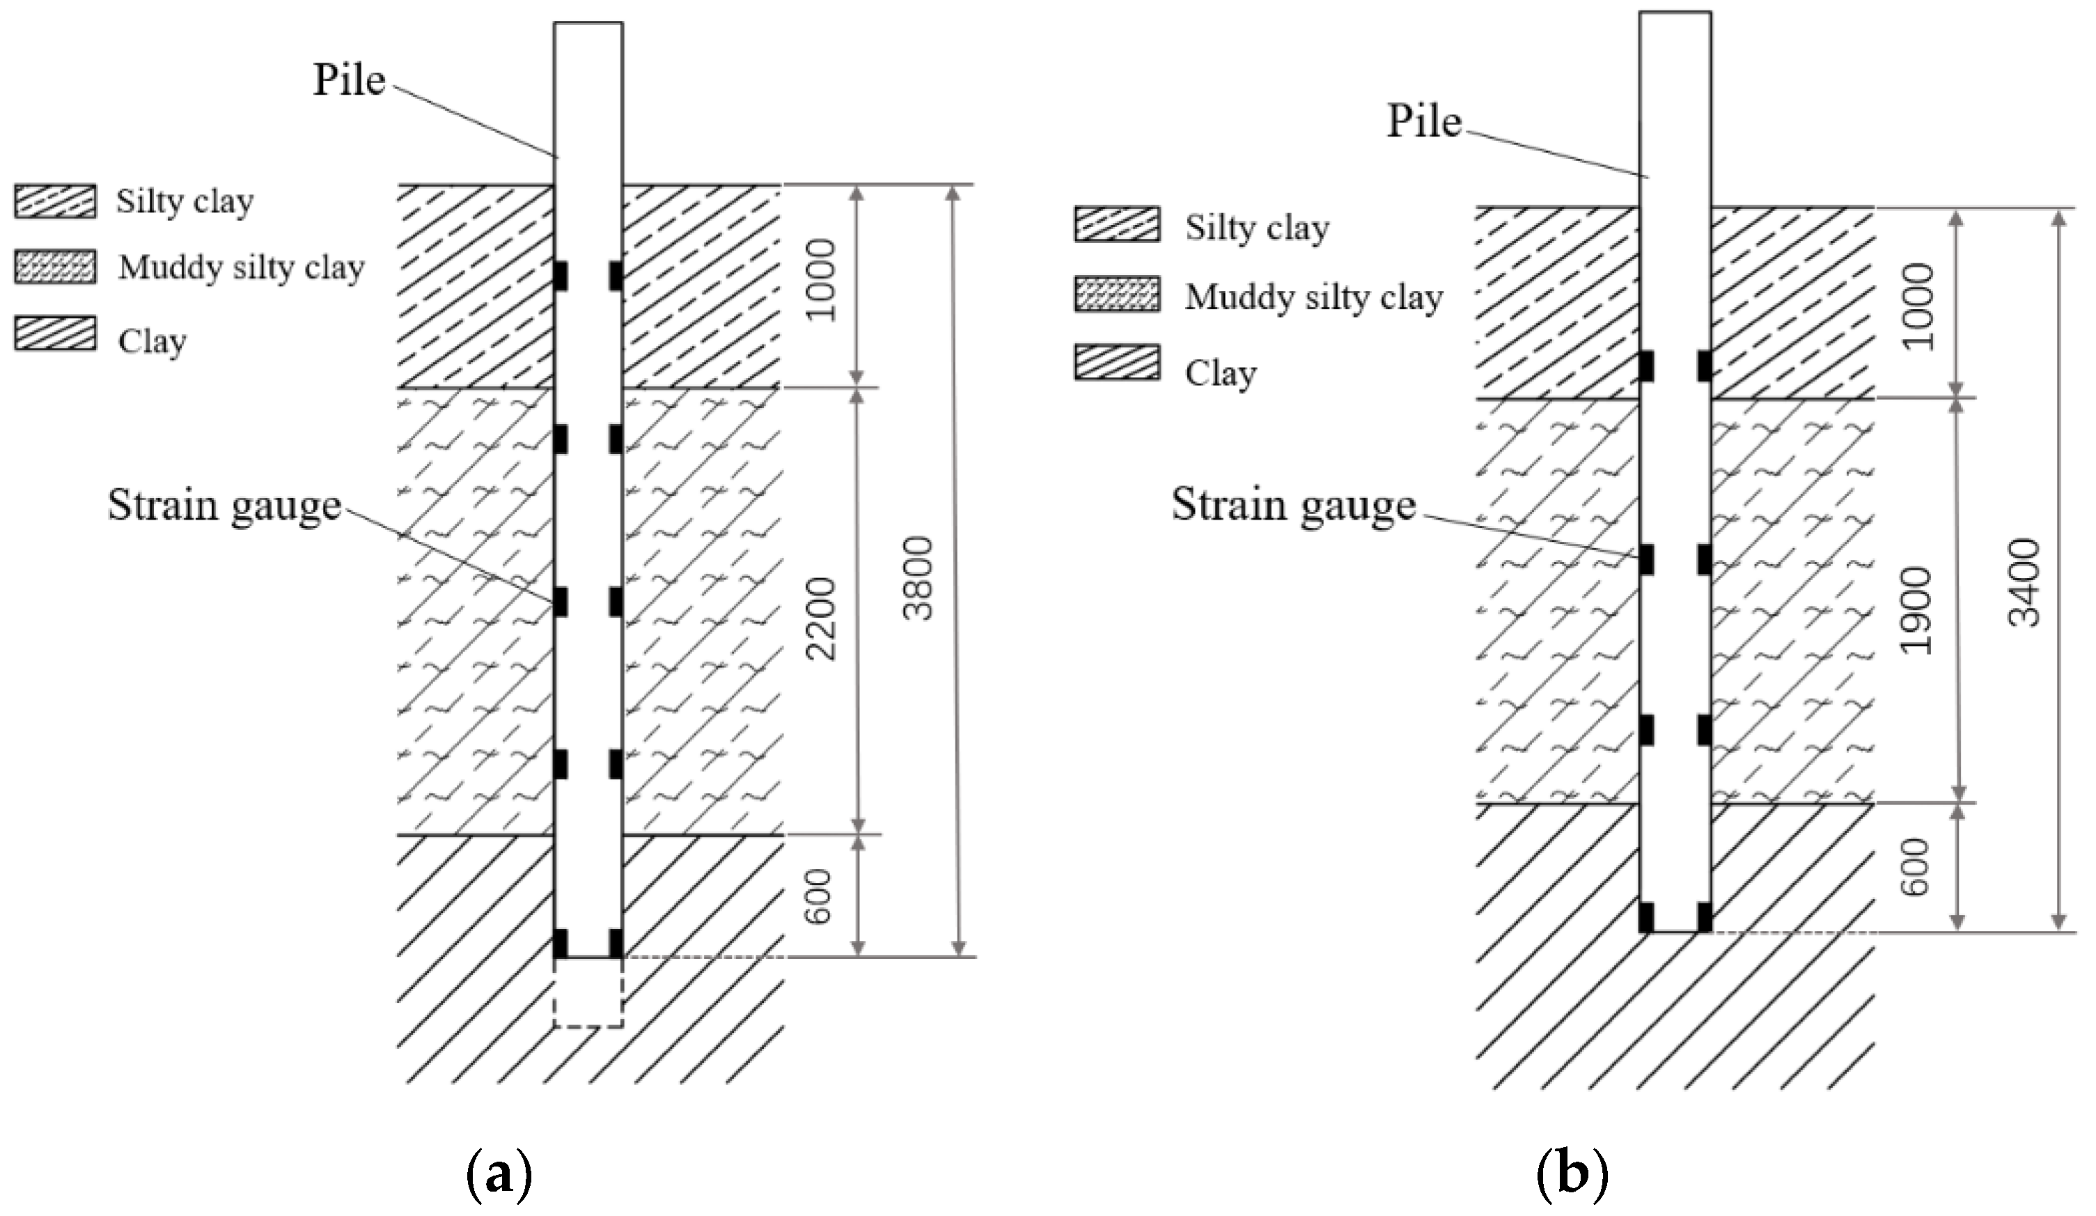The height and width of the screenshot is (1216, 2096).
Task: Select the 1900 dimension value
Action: point(1918,611)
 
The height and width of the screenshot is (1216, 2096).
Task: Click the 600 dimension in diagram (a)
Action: point(820,896)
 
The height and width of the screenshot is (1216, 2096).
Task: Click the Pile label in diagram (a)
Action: point(348,81)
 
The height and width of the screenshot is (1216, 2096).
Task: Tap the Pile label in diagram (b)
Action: point(1423,121)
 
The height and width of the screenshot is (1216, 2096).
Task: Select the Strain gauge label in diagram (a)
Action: point(224,505)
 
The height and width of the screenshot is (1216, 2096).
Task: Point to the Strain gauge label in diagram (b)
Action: point(1293,504)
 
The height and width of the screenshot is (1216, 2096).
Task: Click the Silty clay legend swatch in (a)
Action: point(55,201)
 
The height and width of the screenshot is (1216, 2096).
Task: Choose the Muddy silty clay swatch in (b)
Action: point(1116,296)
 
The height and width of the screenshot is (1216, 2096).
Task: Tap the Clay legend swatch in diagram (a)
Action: point(55,334)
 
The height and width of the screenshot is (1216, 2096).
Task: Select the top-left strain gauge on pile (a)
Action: point(561,276)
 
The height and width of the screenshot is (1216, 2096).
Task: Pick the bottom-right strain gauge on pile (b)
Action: point(1704,917)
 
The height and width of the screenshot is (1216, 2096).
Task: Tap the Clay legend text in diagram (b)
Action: point(1220,373)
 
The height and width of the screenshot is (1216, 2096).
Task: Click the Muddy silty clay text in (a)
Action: point(241,268)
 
